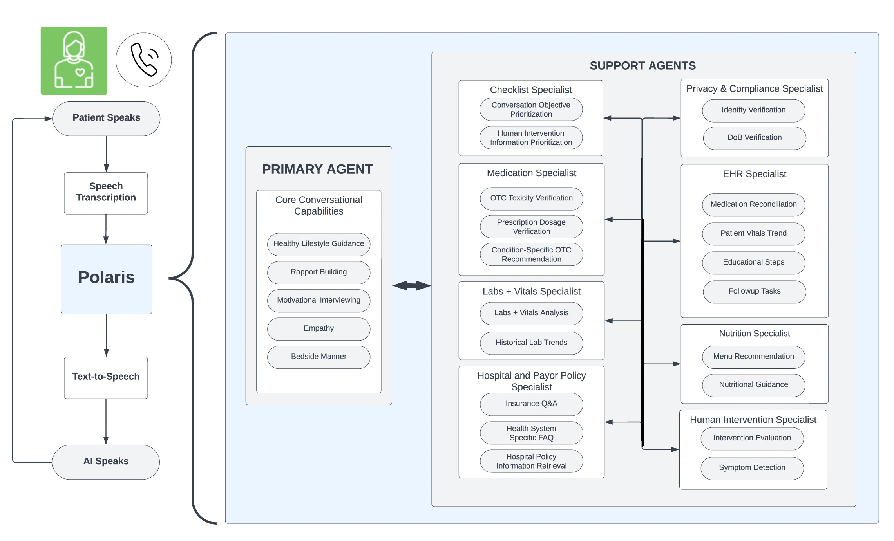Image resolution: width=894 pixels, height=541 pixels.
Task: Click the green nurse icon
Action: [74, 61]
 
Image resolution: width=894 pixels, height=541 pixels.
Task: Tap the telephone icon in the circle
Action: [143, 60]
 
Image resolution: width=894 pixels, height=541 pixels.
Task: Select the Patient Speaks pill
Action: [106, 119]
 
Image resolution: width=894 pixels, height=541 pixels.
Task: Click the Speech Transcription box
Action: [106, 193]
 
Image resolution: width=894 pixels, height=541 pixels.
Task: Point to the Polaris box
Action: [106, 279]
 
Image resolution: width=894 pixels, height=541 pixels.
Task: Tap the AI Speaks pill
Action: [106, 462]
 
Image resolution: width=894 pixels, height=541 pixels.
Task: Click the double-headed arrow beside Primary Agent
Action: [412, 286]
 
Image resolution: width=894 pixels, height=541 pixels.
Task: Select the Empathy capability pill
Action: [319, 329]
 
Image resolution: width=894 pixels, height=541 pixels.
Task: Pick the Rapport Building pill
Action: [319, 272]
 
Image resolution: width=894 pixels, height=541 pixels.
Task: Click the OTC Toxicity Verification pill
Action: [531, 198]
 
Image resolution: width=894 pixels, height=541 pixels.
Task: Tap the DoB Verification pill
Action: [755, 138]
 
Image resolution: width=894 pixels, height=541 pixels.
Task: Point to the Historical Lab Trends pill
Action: [531, 343]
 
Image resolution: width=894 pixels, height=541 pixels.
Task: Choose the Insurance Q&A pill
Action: [531, 404]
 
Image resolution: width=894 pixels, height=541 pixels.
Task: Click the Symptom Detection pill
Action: [752, 468]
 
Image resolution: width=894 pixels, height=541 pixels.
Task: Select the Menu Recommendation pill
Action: [753, 357]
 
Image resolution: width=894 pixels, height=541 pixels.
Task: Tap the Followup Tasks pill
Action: [755, 292]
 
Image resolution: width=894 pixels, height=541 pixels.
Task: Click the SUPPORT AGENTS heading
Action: [643, 65]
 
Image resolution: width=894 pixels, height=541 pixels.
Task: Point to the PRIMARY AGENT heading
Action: [317, 169]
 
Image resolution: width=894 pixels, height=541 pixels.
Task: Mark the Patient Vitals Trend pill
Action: [753, 234]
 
